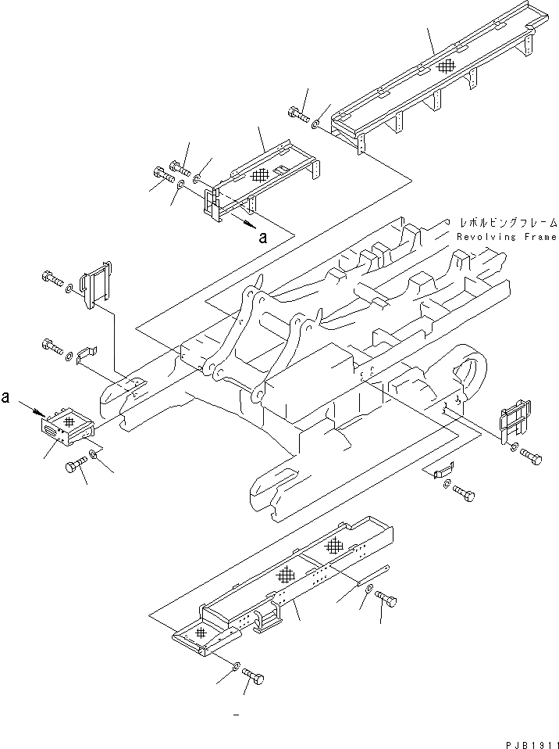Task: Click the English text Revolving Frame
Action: pos(507,237)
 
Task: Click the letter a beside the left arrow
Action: pos(6,397)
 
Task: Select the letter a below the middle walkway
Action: pos(263,239)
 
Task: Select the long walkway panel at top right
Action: pos(437,86)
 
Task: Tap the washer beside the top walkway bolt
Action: pos(314,124)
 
